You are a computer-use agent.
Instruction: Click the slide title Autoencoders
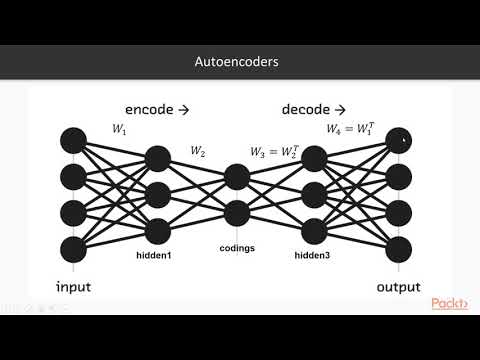click(x=239, y=62)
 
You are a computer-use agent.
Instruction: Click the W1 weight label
click(x=121, y=129)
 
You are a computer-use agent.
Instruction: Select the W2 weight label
click(x=199, y=151)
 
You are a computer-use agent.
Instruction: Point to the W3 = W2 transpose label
click(x=274, y=151)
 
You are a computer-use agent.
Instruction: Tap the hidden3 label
click(x=315, y=254)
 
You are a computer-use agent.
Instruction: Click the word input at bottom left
click(x=73, y=287)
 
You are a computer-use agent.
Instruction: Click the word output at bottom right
click(x=398, y=287)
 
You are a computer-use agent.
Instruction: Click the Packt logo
click(x=451, y=304)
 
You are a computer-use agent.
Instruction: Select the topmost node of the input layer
click(x=73, y=141)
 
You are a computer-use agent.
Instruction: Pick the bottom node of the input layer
click(x=73, y=247)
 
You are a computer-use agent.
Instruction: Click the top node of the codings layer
click(x=237, y=177)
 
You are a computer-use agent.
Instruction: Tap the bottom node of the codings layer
click(x=237, y=212)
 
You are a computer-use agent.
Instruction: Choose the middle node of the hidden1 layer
click(x=159, y=194)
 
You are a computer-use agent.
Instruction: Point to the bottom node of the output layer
click(x=399, y=247)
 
